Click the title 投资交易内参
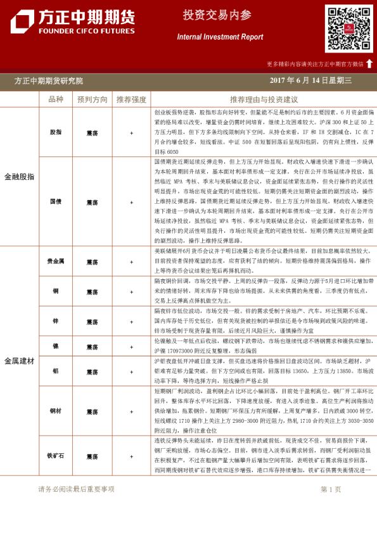point(219,15)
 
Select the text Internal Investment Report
point(220,37)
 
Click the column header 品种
point(56,100)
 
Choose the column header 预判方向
point(93,100)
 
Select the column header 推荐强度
point(131,100)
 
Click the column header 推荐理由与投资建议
point(264,100)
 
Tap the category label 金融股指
point(20,177)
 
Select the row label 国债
point(56,202)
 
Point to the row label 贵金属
point(56,261)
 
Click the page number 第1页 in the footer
point(331,489)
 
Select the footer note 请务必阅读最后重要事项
point(76,489)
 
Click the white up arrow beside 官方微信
point(369,63)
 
